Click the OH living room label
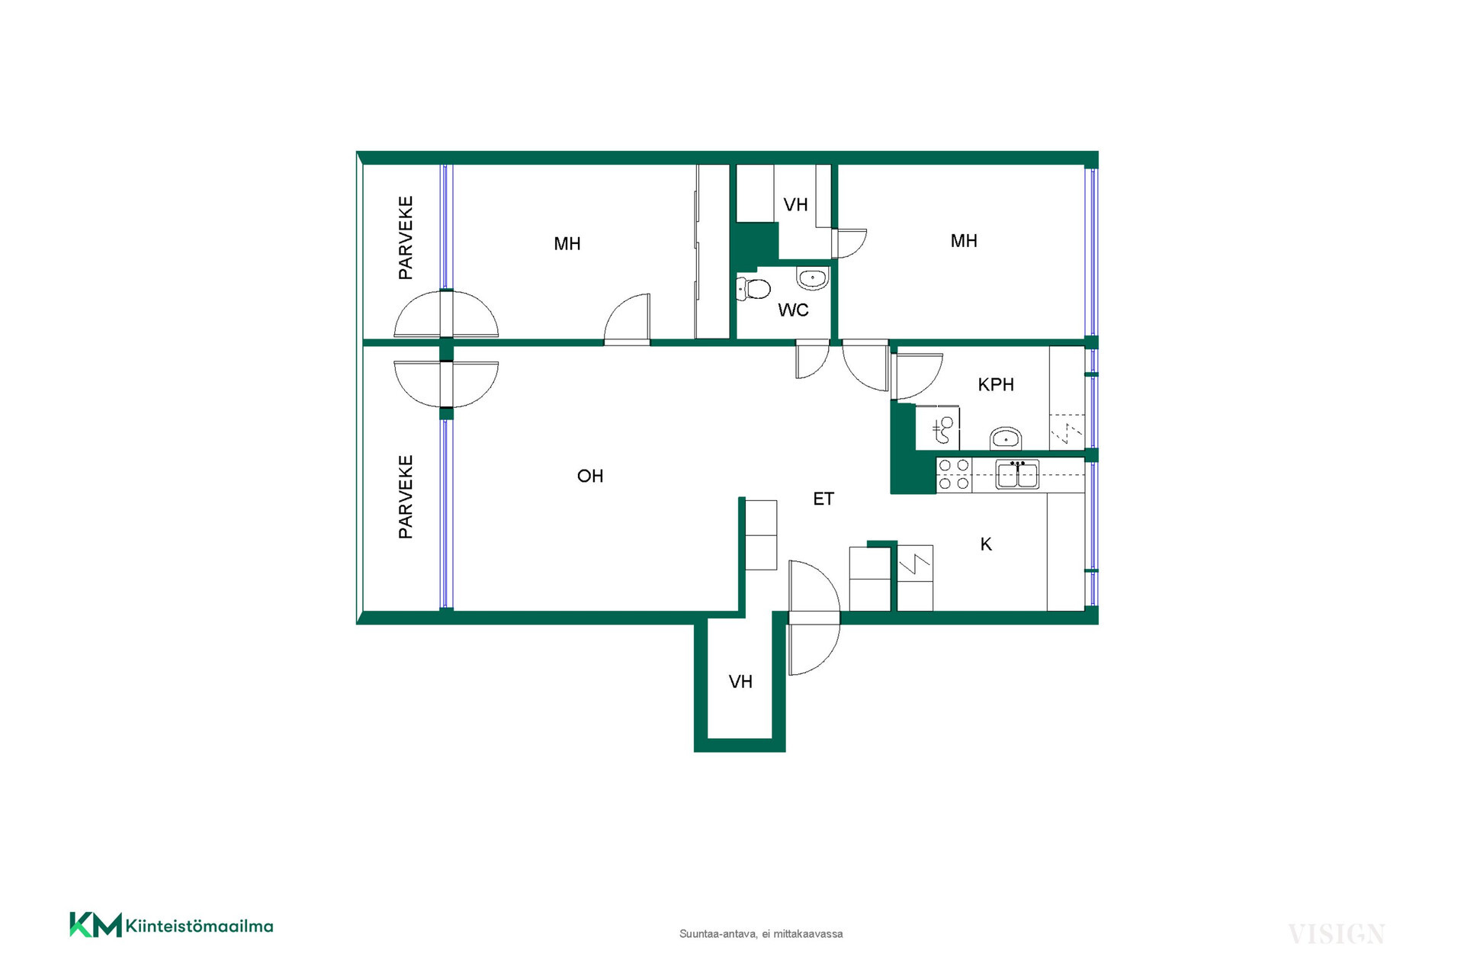590,476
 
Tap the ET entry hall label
823,499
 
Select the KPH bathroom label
996,385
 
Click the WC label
793,310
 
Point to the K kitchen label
986,544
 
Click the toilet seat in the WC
753,289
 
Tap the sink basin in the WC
813,278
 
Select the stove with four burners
954,474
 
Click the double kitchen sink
1017,474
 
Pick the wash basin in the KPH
1006,438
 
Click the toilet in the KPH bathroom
944,429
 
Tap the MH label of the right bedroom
964,241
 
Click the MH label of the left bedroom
567,244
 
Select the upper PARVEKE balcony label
406,238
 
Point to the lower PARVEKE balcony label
406,497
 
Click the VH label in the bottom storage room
740,682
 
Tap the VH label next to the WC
795,204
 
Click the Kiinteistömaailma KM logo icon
95,924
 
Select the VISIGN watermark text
1337,934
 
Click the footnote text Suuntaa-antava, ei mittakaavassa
761,934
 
